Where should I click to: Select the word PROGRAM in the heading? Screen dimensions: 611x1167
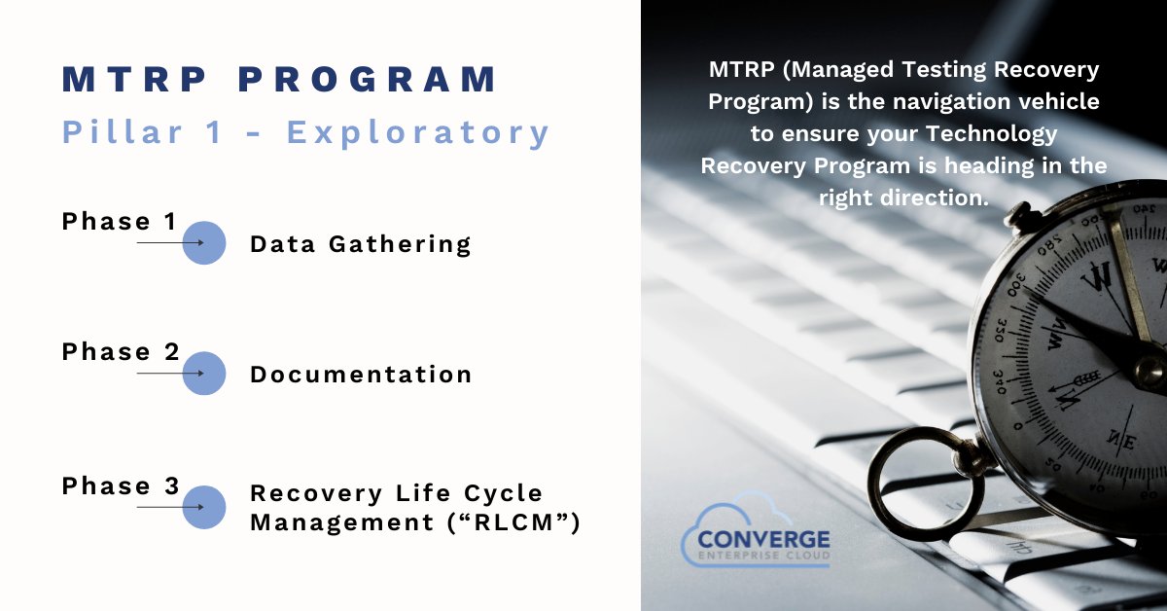tap(370, 80)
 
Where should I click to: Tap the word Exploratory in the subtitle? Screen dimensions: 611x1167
tap(418, 132)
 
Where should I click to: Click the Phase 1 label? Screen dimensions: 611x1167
tap(120, 222)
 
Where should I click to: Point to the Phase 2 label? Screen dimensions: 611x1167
tap(121, 352)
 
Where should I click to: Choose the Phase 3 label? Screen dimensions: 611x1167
tap(121, 485)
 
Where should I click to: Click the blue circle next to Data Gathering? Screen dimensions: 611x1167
tap(204, 243)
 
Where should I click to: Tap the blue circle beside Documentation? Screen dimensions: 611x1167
tap(204, 374)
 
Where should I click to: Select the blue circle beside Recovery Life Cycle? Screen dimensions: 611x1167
tap(204, 507)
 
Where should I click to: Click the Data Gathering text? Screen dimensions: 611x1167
tap(361, 244)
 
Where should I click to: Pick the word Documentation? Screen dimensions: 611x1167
tap(361, 375)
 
